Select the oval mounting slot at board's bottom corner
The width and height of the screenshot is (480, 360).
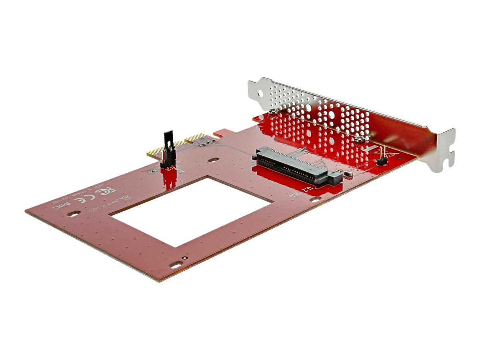click(x=174, y=265)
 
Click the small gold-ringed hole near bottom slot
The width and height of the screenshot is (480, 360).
click(x=184, y=259)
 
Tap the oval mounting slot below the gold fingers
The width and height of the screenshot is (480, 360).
click(x=213, y=159)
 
